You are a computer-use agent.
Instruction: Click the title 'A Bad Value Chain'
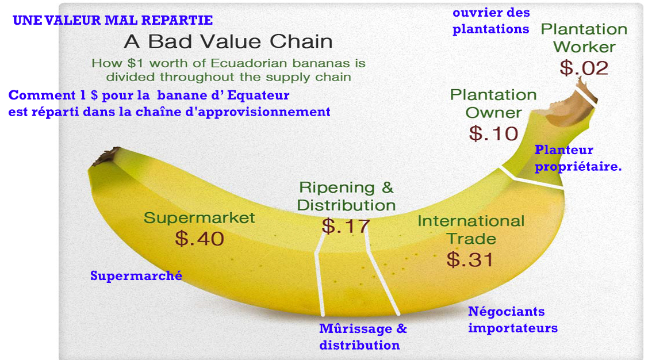pos(228,41)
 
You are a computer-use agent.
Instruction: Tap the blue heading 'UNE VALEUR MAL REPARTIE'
pos(113,20)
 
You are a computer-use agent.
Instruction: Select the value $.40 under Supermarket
pos(200,239)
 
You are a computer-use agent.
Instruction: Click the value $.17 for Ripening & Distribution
pos(346,226)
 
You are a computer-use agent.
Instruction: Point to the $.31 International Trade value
pos(470,259)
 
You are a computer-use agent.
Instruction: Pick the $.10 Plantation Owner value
pos(493,133)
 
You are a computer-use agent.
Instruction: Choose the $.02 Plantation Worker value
pos(584,68)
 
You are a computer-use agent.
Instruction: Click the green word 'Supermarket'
pos(199,218)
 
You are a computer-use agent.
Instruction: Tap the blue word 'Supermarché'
pos(136,275)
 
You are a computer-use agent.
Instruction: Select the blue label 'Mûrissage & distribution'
pos(363,337)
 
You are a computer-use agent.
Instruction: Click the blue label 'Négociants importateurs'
pos(513,320)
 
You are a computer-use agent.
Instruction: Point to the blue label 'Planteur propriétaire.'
pos(578,158)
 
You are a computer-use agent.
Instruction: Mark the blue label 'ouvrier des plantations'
pos(491,21)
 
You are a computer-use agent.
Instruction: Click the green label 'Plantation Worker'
pos(584,38)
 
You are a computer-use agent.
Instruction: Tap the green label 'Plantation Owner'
pos(493,104)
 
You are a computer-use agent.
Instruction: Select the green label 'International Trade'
pos(471,230)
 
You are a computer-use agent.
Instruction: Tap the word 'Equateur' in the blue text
pos(258,95)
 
